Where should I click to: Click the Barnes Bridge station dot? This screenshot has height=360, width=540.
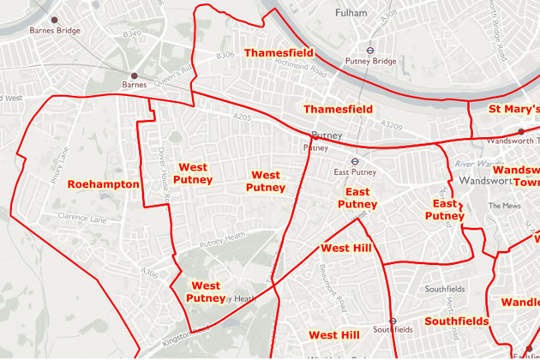pos(55,18)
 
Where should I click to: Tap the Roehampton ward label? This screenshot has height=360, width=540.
pos(103,184)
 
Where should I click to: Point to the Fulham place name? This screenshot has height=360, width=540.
pos(351,13)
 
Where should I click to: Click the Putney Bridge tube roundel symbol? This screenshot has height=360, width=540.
pos(370,49)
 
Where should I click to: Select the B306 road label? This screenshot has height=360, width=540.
pos(225,56)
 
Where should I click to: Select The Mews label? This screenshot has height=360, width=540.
pos(498,206)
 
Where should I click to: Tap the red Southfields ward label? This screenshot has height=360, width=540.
pos(455,321)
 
